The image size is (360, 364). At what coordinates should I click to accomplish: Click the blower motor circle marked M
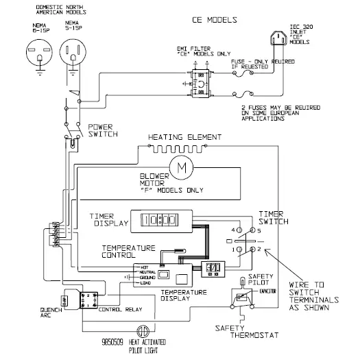pos(182,166)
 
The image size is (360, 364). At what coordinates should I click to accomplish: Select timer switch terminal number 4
pos(233,228)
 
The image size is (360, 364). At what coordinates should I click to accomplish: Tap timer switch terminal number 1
pos(233,251)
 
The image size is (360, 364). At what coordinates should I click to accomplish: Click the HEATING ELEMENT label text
pos(179,136)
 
